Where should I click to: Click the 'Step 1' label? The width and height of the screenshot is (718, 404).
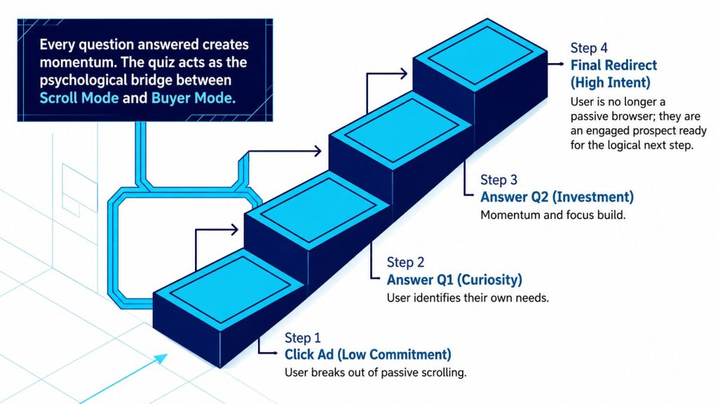click(x=302, y=338)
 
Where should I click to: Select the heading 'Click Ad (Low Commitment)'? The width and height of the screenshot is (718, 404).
click(x=367, y=354)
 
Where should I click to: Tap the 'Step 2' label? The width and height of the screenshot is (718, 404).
click(x=405, y=262)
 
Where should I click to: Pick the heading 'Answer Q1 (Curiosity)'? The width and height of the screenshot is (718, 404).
click(x=454, y=279)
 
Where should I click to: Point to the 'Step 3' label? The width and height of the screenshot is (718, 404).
click(x=499, y=180)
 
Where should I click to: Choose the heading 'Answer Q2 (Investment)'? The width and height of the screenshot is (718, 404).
click(x=557, y=197)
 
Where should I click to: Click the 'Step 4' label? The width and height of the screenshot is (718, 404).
click(x=589, y=48)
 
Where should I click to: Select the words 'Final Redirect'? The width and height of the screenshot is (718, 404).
click(x=614, y=65)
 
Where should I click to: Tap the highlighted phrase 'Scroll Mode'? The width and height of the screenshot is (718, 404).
click(x=79, y=97)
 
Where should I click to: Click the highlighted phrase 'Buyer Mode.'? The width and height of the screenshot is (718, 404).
click(x=194, y=97)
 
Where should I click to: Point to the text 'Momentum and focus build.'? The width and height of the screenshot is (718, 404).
click(x=553, y=215)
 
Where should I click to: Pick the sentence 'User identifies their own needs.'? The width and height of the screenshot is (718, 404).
click(x=468, y=297)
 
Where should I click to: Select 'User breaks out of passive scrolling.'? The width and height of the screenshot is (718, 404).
click(x=376, y=372)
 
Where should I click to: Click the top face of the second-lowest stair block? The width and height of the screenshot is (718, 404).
click(x=318, y=210)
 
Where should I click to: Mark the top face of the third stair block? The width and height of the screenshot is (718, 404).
click(x=401, y=130)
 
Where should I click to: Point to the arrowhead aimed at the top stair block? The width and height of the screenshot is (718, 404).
click(x=403, y=73)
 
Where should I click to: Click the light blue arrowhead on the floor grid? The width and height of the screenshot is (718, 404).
click(x=161, y=358)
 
